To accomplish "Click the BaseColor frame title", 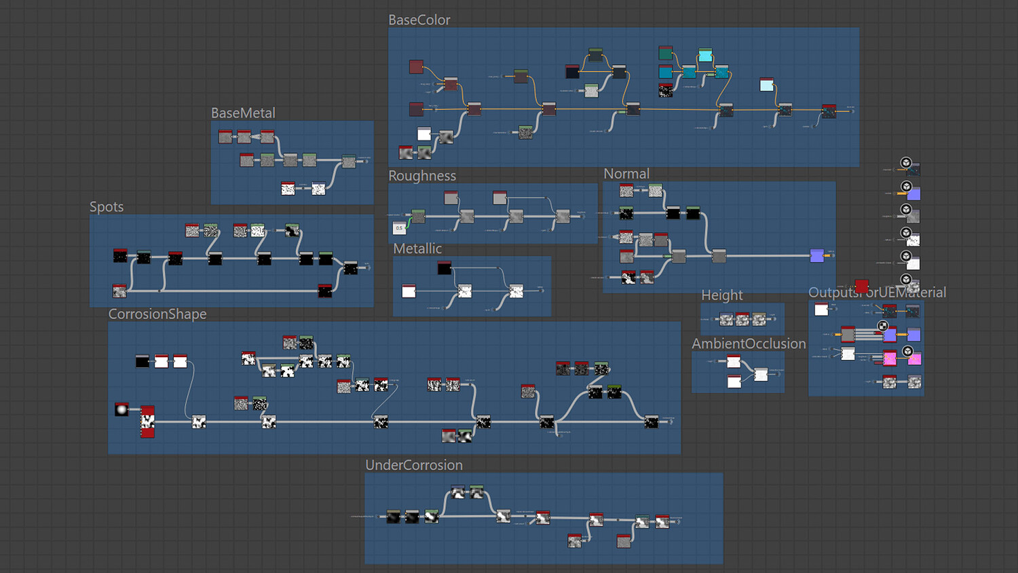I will pos(419,20).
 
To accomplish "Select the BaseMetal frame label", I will pos(243,113).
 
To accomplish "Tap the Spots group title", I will pos(107,207).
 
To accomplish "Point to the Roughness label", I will pos(421,176).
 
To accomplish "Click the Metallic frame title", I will pos(417,249).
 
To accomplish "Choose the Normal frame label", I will pos(626,174).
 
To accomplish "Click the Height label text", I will pos(721,295).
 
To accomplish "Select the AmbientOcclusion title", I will pos(749,344).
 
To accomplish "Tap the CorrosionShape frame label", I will pos(157,314).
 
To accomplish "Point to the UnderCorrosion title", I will pos(414,465).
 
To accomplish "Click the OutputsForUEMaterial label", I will pos(877,293).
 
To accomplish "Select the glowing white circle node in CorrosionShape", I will pos(121,409).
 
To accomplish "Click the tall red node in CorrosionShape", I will pos(147,422).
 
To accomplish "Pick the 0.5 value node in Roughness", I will pos(399,228).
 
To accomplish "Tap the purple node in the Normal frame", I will pos(817,255).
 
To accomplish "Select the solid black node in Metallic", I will pos(445,267).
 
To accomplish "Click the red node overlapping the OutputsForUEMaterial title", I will pos(861,286).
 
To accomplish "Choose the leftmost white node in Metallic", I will pos(409,291).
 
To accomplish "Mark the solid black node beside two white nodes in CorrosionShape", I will pos(142,361).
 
